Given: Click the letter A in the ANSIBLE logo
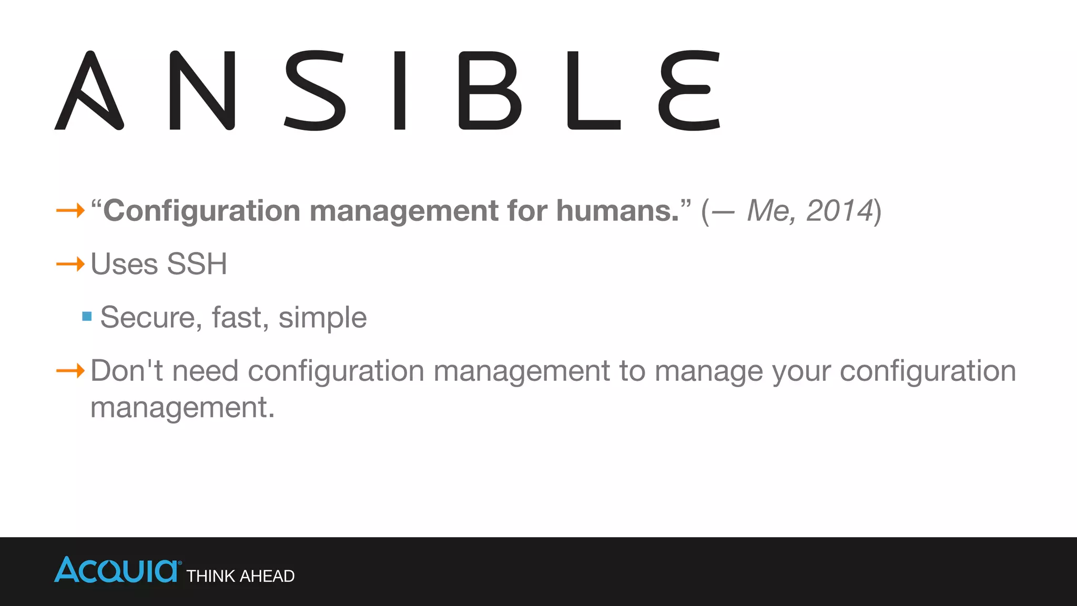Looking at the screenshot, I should point(89,90).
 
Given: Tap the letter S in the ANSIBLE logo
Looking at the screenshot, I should point(314,90).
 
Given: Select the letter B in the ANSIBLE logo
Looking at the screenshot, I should point(490,90).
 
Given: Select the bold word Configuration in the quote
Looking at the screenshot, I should point(201,211).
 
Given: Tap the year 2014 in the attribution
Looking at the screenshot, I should point(839,211).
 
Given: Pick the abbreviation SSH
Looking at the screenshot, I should point(197,264).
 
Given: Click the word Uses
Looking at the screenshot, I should point(124,264).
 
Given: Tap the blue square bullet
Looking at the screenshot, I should point(87,316).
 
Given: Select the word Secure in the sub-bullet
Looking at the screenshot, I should point(150,318).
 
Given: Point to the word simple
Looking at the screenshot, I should point(322,318).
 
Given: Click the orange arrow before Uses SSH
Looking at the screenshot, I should point(70,264).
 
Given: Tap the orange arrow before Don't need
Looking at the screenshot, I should point(70,371).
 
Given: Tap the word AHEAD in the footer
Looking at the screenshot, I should point(267,577).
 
